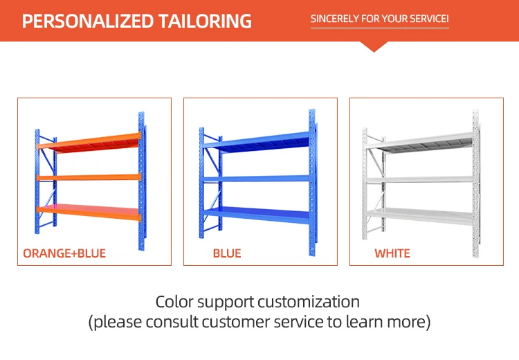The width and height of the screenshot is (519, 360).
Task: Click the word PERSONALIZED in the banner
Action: (88, 21)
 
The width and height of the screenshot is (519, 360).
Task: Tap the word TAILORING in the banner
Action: (205, 21)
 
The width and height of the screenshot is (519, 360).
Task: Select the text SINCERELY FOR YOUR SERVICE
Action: (379, 19)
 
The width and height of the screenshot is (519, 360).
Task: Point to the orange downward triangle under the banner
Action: (374, 46)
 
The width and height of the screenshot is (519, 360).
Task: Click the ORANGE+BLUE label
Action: (64, 253)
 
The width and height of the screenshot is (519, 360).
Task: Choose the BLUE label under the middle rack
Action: (227, 253)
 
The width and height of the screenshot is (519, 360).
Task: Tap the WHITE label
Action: (392, 253)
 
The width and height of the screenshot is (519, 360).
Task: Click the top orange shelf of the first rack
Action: (89, 143)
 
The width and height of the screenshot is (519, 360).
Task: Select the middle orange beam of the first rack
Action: (89, 177)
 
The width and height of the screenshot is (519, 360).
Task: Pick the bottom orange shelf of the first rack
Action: (89, 212)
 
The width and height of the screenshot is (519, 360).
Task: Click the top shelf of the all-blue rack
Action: (257, 142)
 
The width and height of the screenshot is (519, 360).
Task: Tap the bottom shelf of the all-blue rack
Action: (257, 215)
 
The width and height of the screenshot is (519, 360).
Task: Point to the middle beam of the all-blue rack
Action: (257, 179)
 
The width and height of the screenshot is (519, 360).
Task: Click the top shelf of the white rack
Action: (419, 143)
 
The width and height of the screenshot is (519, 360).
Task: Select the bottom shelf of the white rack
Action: (419, 216)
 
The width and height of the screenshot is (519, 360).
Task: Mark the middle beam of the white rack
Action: (419, 180)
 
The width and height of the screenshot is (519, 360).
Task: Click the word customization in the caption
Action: (309, 302)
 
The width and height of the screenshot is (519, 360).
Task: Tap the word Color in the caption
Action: (174, 302)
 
